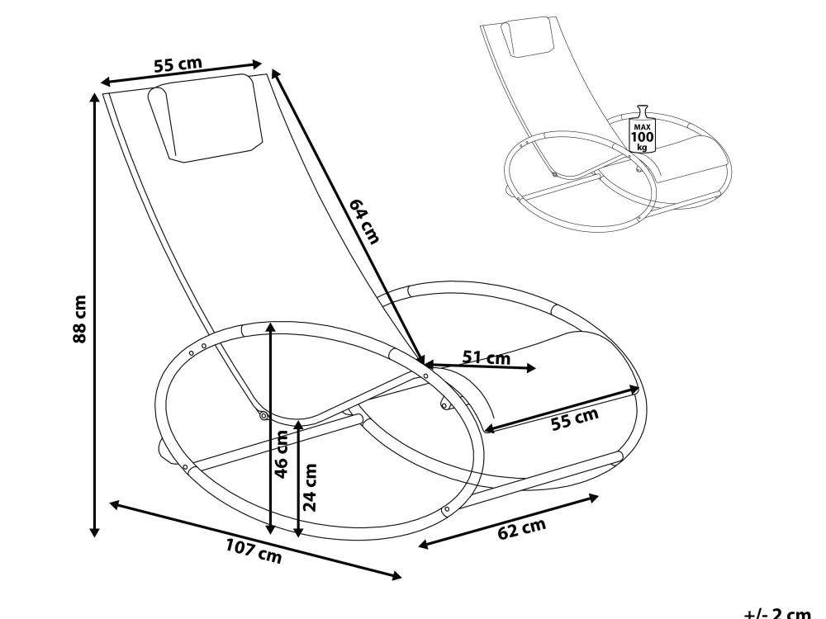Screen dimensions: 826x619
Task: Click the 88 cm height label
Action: [x=79, y=319]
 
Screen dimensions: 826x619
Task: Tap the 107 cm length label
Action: [x=254, y=550]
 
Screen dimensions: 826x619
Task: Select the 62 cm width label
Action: [x=521, y=528]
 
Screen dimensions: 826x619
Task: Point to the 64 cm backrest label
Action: [x=364, y=221]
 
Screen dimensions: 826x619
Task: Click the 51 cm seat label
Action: [x=487, y=357]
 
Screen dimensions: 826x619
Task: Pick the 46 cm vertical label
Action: [x=282, y=454]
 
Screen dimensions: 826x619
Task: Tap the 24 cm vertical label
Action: [x=311, y=488]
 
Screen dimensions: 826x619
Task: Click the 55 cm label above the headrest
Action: [x=178, y=64]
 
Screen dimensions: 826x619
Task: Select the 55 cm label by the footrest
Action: [x=575, y=418]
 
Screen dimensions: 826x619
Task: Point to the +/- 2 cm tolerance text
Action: [x=777, y=612]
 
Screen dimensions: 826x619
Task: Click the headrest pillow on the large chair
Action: [x=205, y=118]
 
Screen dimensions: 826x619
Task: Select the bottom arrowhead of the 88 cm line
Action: [x=95, y=532]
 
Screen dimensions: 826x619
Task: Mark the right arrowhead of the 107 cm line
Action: [x=395, y=575]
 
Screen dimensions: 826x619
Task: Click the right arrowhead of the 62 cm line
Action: [x=593, y=498]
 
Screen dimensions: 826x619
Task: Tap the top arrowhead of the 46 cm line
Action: [x=271, y=328]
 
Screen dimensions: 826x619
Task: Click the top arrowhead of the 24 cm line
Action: [x=298, y=425]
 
